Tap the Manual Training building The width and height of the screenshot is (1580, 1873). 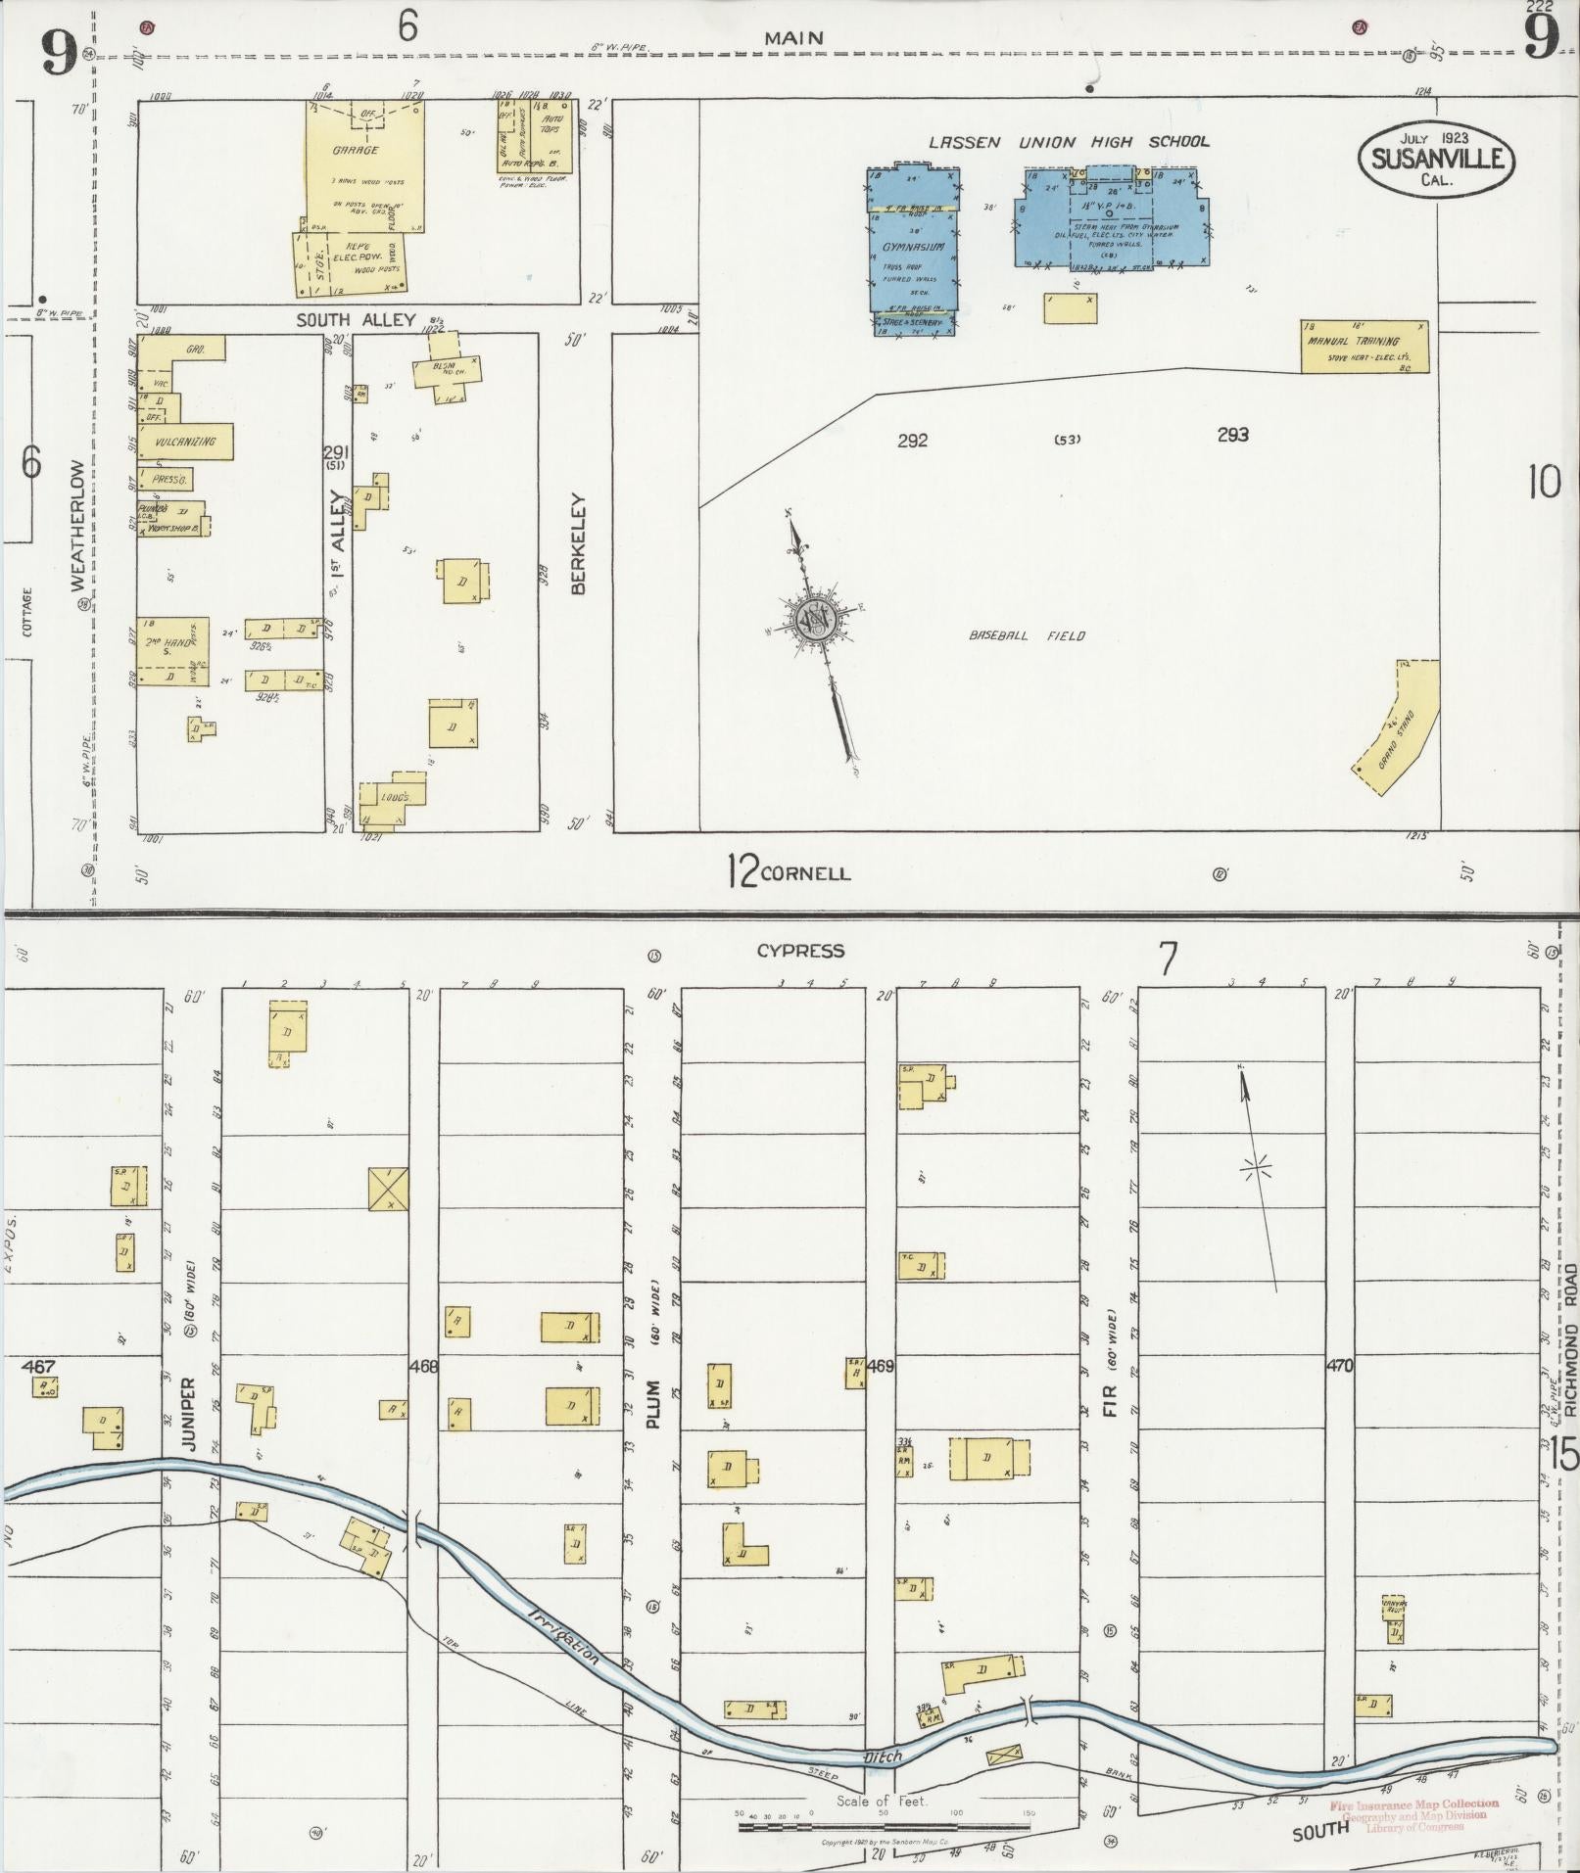[x=1364, y=347]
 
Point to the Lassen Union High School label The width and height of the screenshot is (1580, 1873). [x=1069, y=142]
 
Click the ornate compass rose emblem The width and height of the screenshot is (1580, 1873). [x=814, y=619]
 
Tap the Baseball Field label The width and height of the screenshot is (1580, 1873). [x=1027, y=636]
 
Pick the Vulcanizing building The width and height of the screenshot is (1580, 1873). [x=185, y=442]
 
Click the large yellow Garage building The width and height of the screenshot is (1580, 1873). [x=363, y=166]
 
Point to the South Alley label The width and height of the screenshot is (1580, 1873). [x=357, y=320]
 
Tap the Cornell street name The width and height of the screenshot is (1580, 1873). [x=805, y=873]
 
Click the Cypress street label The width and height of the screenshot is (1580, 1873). [x=800, y=951]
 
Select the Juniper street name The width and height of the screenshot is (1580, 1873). [x=189, y=1414]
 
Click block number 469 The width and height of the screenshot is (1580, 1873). [x=881, y=1366]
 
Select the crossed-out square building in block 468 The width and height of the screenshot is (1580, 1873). [x=389, y=1189]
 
